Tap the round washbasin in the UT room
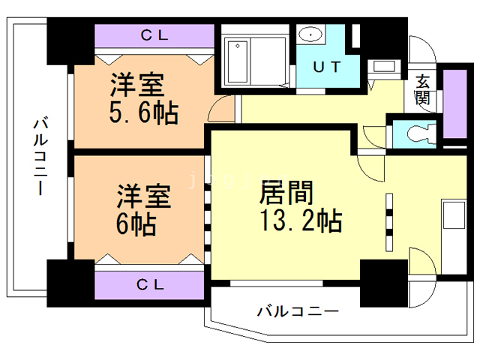click(x=310, y=34)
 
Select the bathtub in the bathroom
click(x=238, y=61)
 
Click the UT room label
click(x=327, y=67)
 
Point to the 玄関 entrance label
click(x=423, y=89)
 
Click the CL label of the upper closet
click(x=154, y=35)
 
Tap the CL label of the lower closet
click(x=151, y=285)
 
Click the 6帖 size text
click(x=136, y=223)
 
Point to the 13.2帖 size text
click(x=301, y=220)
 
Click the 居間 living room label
click(x=286, y=193)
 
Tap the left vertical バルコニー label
click(x=40, y=156)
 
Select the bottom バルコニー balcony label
click(x=298, y=311)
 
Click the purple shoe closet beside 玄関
click(x=455, y=103)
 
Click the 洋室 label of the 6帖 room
click(x=144, y=196)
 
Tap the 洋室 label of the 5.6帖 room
click(x=137, y=85)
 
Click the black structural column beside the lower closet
click(x=70, y=283)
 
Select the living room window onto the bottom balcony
click(x=277, y=283)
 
